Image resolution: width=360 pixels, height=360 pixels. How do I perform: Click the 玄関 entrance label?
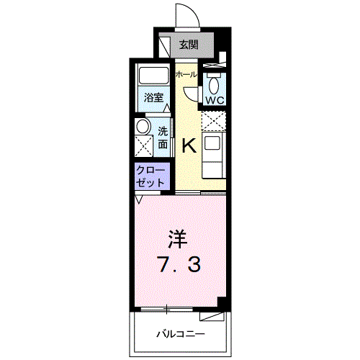pos(189,45)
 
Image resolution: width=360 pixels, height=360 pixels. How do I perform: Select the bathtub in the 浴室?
pos(153,76)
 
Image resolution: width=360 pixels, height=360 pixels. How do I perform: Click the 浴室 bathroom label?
pos(153,98)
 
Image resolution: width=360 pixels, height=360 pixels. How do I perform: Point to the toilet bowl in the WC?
pos(214,86)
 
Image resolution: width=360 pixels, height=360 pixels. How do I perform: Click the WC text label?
pos(215,100)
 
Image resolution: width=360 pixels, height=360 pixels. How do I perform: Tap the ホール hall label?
pos(186,75)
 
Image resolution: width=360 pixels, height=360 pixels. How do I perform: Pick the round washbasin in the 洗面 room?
pos(143,127)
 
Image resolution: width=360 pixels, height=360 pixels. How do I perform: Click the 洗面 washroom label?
pos(163,138)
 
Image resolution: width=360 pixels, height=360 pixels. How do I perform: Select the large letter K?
pos(189,145)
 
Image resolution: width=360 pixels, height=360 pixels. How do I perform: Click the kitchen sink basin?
pos(212,143)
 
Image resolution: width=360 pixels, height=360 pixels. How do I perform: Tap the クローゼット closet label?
pos(150,176)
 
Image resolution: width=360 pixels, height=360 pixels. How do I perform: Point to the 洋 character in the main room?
pos(178,239)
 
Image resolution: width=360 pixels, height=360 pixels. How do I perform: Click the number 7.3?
pos(179,265)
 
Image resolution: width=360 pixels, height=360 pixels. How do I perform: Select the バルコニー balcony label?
pos(181,334)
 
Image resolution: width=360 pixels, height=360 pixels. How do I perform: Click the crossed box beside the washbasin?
pos(143,146)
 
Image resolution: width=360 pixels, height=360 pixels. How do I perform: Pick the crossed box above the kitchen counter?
pos(214,121)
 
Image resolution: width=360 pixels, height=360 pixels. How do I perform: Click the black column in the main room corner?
pos(222,304)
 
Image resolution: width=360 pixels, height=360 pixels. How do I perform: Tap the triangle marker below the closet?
pos(139,199)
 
